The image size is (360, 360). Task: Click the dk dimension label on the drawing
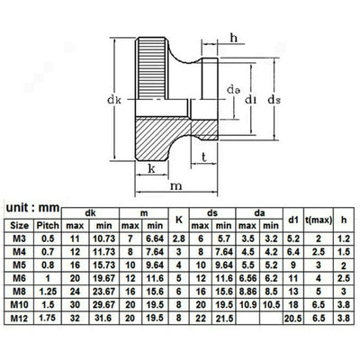(114, 100)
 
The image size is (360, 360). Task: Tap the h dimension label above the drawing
(233, 38)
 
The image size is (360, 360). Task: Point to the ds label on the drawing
(274, 100)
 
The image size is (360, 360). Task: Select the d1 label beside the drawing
(251, 99)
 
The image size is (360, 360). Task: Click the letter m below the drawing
(176, 186)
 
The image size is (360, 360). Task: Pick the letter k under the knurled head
(152, 168)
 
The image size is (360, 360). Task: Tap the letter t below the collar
(204, 157)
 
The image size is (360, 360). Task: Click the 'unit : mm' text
(32, 208)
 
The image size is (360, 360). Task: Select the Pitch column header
(48, 226)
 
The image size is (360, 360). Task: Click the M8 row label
(20, 292)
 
